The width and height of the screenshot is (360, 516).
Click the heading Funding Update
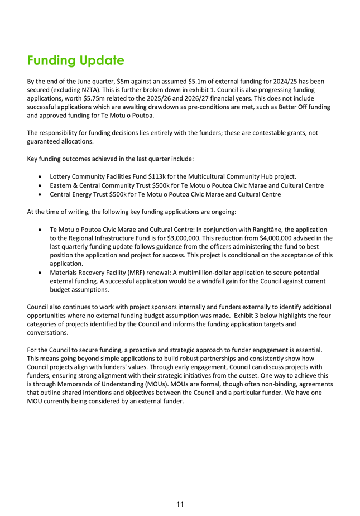[75, 60]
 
